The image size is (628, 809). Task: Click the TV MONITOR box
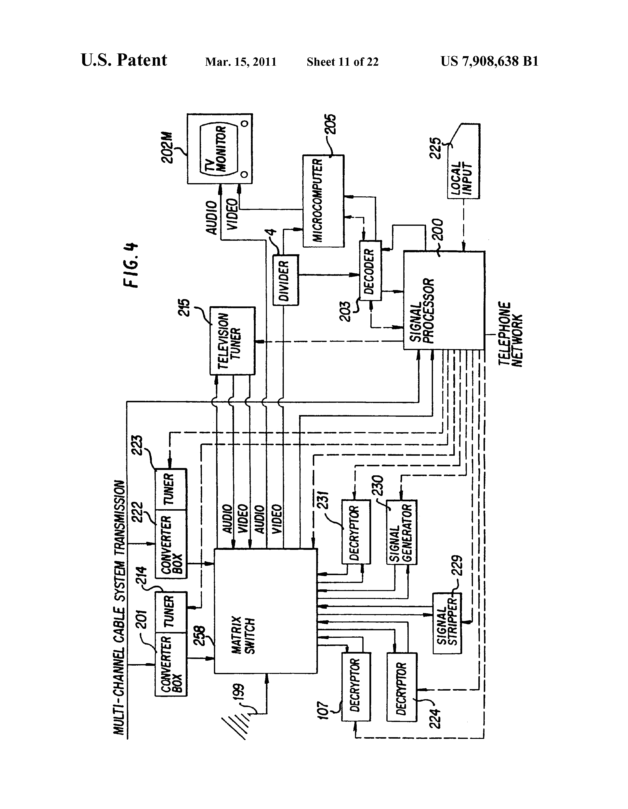tap(220, 149)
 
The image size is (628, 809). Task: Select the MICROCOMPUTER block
tap(323, 201)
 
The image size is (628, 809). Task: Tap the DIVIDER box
tap(286, 280)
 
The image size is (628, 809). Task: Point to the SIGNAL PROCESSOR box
tap(444, 300)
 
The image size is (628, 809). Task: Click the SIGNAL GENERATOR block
tap(402, 532)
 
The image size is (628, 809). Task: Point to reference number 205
tap(331, 125)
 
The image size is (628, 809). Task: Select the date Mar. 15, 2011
tap(241, 62)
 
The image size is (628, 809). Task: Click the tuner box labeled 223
tap(170, 489)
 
